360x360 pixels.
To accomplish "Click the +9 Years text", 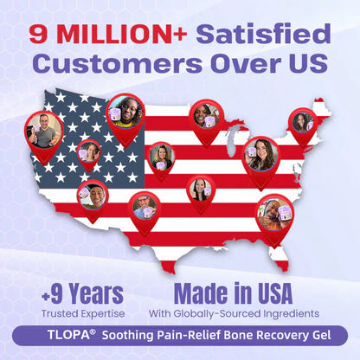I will (x=81, y=292).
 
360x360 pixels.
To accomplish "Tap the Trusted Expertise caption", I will (x=81, y=312).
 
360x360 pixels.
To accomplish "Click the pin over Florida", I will (x=274, y=213).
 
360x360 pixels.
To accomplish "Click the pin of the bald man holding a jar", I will (x=144, y=208).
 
